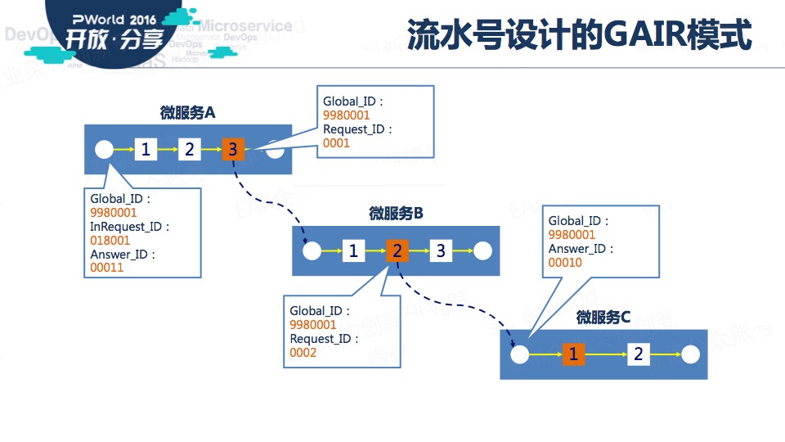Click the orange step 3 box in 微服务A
tap(232, 149)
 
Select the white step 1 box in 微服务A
tap(146, 149)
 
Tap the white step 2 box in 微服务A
tap(190, 149)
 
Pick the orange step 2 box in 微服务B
tap(397, 250)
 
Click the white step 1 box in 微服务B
tap(353, 250)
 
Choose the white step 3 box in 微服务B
tap(441, 250)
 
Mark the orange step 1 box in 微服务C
tap(573, 354)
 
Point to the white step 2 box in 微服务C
tap(639, 354)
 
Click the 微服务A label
tap(187, 113)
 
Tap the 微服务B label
tap(395, 214)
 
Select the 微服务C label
tap(603, 318)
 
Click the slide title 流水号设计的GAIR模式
tap(579, 34)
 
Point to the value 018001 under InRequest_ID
tap(110, 241)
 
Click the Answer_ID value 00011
tap(106, 268)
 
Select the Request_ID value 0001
tap(336, 143)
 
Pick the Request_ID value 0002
tap(303, 353)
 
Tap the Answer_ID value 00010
tap(565, 263)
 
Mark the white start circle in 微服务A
tap(104, 149)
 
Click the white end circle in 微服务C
tap(691, 354)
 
